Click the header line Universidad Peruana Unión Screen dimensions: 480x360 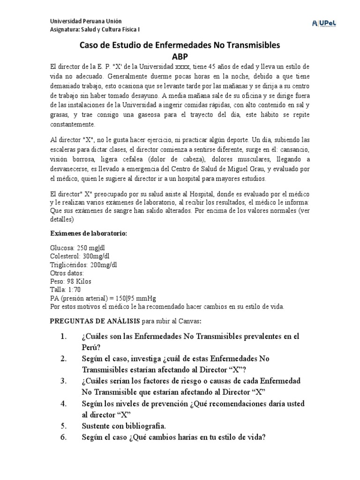(x=85, y=21)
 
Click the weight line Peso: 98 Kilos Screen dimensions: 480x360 (x=71, y=282)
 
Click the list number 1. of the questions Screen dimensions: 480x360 (x=65, y=337)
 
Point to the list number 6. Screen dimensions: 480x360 (x=65, y=437)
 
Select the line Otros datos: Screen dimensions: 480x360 (x=67, y=273)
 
